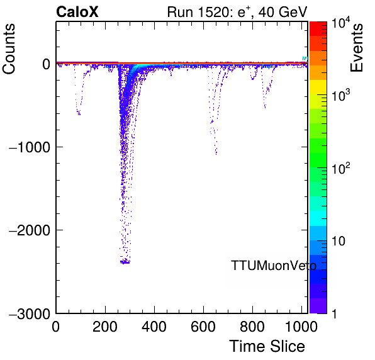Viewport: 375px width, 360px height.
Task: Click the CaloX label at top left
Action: point(77,12)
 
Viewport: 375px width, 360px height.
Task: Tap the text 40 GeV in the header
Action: point(283,12)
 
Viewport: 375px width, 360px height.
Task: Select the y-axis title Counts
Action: point(9,49)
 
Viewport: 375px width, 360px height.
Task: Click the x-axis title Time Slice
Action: point(267,346)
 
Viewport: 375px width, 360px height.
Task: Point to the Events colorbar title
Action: point(357,48)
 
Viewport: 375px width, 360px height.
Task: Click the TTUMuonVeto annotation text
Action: point(274,266)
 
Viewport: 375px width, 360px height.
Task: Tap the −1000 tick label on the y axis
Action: point(30,147)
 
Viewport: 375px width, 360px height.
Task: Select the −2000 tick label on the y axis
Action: point(30,230)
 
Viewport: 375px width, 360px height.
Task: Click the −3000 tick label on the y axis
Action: point(30,313)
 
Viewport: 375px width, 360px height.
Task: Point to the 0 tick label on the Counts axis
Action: point(46,64)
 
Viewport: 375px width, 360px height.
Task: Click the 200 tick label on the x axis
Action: point(105,327)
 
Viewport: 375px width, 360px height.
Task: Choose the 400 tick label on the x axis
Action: point(154,327)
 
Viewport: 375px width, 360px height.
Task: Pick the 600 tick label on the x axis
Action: point(203,327)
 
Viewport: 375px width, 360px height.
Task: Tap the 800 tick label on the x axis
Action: point(252,327)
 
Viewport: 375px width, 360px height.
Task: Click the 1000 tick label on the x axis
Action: point(301,327)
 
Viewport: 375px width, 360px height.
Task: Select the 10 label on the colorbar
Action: point(339,241)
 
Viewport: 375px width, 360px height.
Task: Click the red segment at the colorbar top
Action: point(318,29)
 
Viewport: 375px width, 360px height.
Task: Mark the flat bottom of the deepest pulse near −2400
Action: point(125,262)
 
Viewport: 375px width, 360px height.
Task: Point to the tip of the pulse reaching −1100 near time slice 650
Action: point(216,154)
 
